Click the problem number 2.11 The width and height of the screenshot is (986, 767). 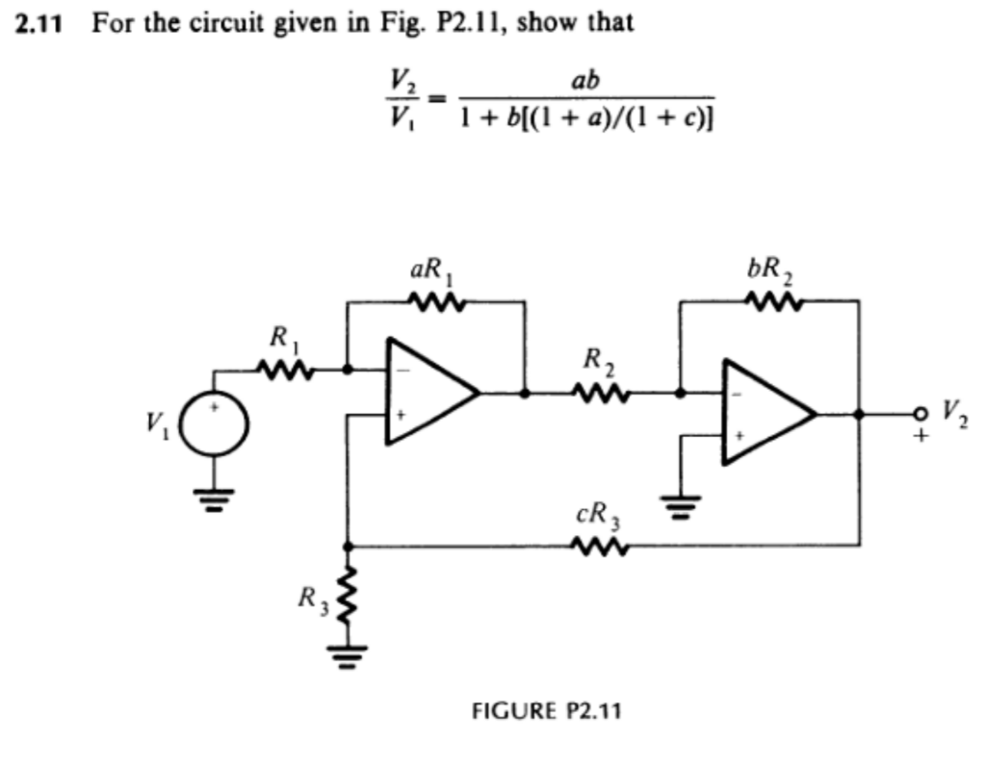point(38,23)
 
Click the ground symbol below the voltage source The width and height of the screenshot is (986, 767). point(214,500)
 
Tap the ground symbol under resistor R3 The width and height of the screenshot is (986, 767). point(346,657)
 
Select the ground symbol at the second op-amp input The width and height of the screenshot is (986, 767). point(681,504)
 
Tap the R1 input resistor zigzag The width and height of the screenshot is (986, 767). point(284,368)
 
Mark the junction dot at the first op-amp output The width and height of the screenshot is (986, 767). point(524,393)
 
